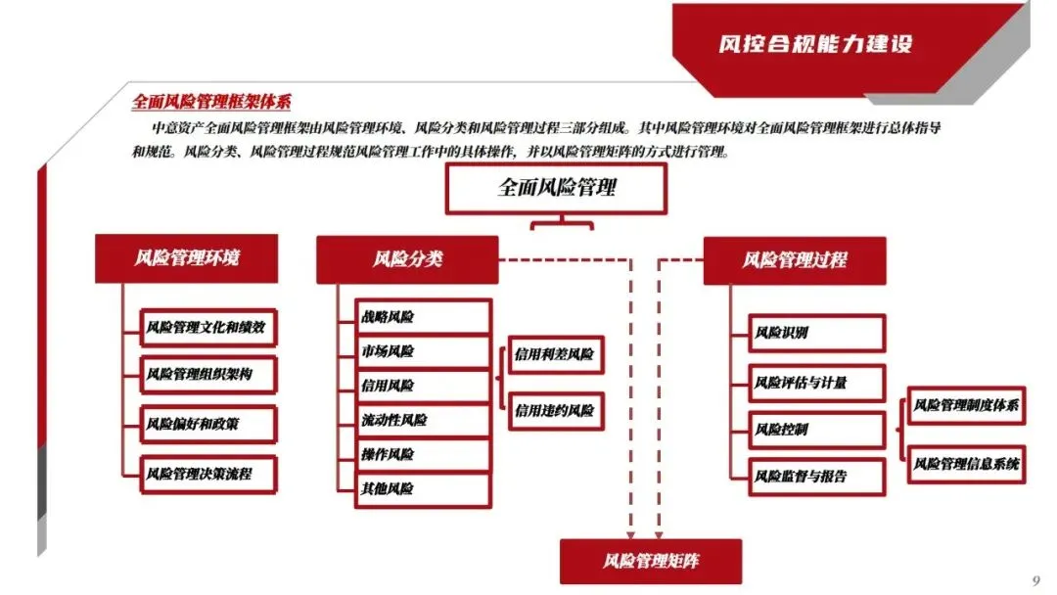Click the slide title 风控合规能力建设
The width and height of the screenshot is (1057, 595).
point(815,44)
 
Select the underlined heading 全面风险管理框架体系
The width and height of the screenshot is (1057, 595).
point(211,103)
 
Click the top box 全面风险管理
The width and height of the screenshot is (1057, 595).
point(556,188)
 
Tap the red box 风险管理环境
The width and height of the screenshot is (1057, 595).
point(187,259)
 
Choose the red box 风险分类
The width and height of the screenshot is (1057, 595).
point(407,259)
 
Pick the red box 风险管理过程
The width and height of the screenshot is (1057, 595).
point(794,260)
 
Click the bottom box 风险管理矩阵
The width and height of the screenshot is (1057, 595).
point(650,561)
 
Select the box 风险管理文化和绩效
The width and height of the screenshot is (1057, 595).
point(206,327)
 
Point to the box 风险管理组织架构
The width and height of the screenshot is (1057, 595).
point(206,375)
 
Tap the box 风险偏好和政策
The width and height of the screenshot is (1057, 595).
point(206,425)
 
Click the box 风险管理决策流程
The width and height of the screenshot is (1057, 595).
point(206,474)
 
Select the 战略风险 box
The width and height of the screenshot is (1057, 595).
point(422,317)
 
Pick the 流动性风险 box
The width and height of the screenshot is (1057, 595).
point(422,420)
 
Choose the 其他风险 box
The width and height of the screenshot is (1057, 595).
point(422,488)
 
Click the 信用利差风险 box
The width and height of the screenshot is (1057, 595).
point(555,354)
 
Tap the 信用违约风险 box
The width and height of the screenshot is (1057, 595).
point(555,411)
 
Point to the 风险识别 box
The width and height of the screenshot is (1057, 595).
point(816,333)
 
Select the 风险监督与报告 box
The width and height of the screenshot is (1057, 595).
point(816,477)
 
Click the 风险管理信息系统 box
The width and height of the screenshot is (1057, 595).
point(966,463)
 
